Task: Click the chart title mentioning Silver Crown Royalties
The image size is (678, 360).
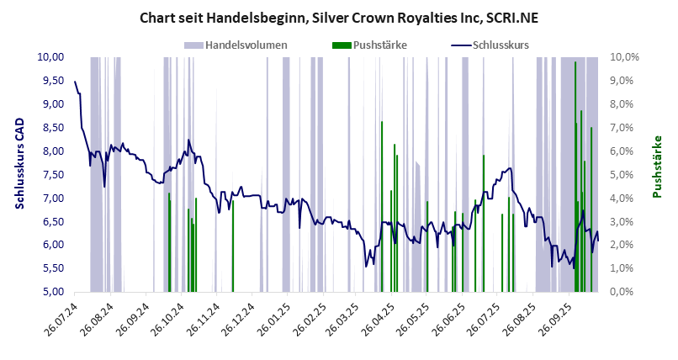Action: (339, 16)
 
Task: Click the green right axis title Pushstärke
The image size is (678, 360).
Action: (658, 167)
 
